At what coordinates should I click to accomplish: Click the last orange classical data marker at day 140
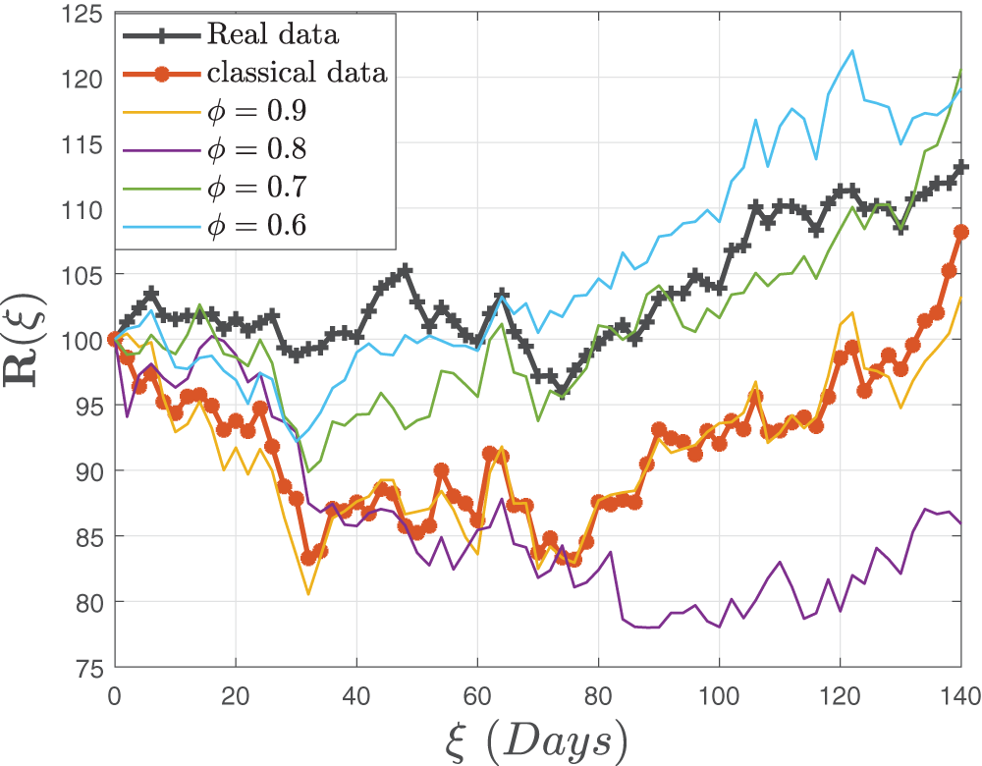(x=960, y=233)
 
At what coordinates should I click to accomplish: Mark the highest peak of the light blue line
(x=851, y=50)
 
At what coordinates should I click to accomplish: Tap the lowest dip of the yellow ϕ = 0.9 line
(x=307, y=594)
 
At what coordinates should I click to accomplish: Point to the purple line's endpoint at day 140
(x=960, y=523)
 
